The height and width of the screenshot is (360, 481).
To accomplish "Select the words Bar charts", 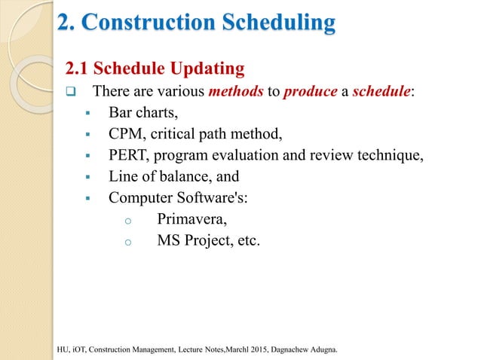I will [x=140, y=114].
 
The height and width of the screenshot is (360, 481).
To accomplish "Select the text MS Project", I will [x=192, y=241].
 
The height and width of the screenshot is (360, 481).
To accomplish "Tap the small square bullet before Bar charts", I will [x=88, y=114].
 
